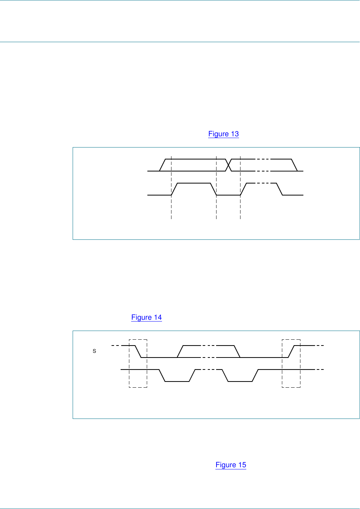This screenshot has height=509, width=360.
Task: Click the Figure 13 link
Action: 223,134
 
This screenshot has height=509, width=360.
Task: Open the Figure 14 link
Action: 146,317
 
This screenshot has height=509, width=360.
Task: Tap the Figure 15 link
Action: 231,465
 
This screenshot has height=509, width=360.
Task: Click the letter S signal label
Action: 94,351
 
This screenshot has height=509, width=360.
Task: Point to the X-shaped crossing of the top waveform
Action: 228,165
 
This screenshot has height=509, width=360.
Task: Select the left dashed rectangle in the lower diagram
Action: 129,363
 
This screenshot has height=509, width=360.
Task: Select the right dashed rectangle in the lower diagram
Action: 282,363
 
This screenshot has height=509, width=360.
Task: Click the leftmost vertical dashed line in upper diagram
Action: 171,188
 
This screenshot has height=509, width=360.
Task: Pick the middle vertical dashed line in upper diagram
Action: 216,188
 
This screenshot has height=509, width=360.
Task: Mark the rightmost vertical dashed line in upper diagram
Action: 240,188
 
